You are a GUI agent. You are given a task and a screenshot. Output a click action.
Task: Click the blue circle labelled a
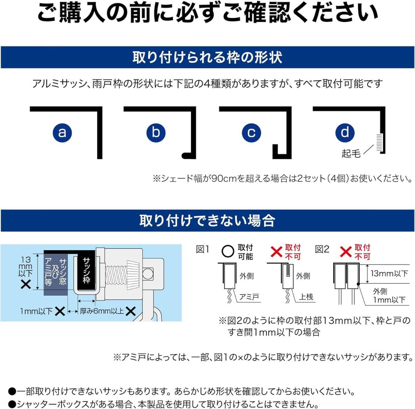tap(62, 133)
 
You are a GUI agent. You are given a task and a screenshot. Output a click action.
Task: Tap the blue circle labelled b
tap(156, 133)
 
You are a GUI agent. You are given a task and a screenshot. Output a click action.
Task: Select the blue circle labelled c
tap(251, 133)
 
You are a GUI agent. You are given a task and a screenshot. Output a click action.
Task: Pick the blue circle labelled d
tap(345, 133)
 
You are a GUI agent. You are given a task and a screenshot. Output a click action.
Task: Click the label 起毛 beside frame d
tap(351, 153)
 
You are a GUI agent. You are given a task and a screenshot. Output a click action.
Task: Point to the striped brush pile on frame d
tap(379, 142)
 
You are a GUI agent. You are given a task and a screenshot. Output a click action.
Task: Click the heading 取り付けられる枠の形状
tap(207, 57)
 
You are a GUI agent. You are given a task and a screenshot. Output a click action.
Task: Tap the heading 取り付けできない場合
tap(207, 220)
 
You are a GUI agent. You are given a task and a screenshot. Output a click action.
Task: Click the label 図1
tap(203, 249)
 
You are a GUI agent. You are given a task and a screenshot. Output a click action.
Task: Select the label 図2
tap(322, 249)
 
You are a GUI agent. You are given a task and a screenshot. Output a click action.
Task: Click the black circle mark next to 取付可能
tap(228, 251)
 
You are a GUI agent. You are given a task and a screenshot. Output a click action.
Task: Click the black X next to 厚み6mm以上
tap(130, 311)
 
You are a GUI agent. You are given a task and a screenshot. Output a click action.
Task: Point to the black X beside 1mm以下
tap(60, 311)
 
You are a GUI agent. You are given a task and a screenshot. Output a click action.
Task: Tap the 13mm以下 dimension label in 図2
tap(389, 274)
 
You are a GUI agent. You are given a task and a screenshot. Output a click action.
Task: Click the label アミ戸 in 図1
tap(249, 297)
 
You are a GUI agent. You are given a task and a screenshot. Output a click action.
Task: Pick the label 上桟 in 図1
tap(306, 297)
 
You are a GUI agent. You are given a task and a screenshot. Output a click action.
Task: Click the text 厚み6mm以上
tap(102, 311)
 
